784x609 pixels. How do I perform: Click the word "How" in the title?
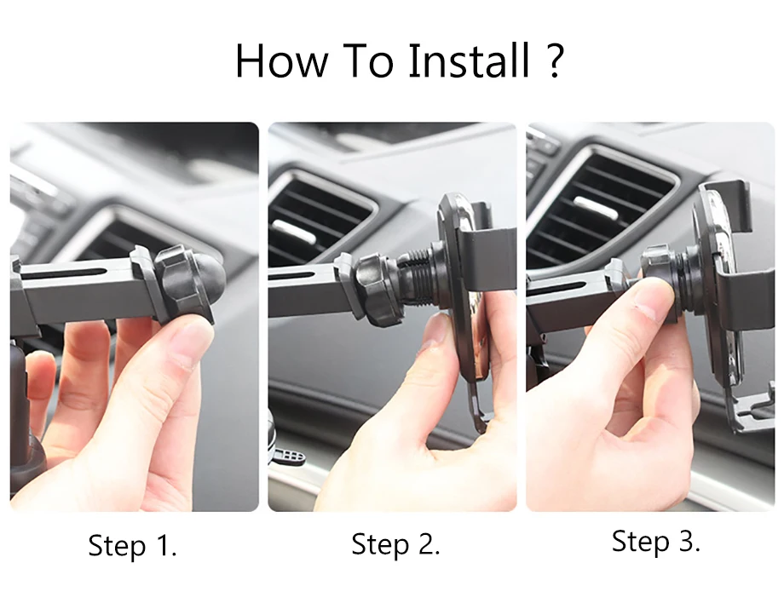(x=281, y=60)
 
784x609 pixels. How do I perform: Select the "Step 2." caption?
(x=395, y=543)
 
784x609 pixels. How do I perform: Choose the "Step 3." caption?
(x=655, y=541)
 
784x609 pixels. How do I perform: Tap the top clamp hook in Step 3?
(x=726, y=205)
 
